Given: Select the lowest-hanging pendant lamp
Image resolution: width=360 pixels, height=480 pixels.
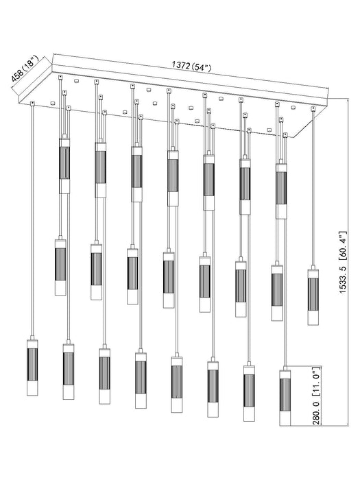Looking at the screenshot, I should coord(286,398).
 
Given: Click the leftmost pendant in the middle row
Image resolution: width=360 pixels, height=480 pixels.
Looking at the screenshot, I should coord(60,267).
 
